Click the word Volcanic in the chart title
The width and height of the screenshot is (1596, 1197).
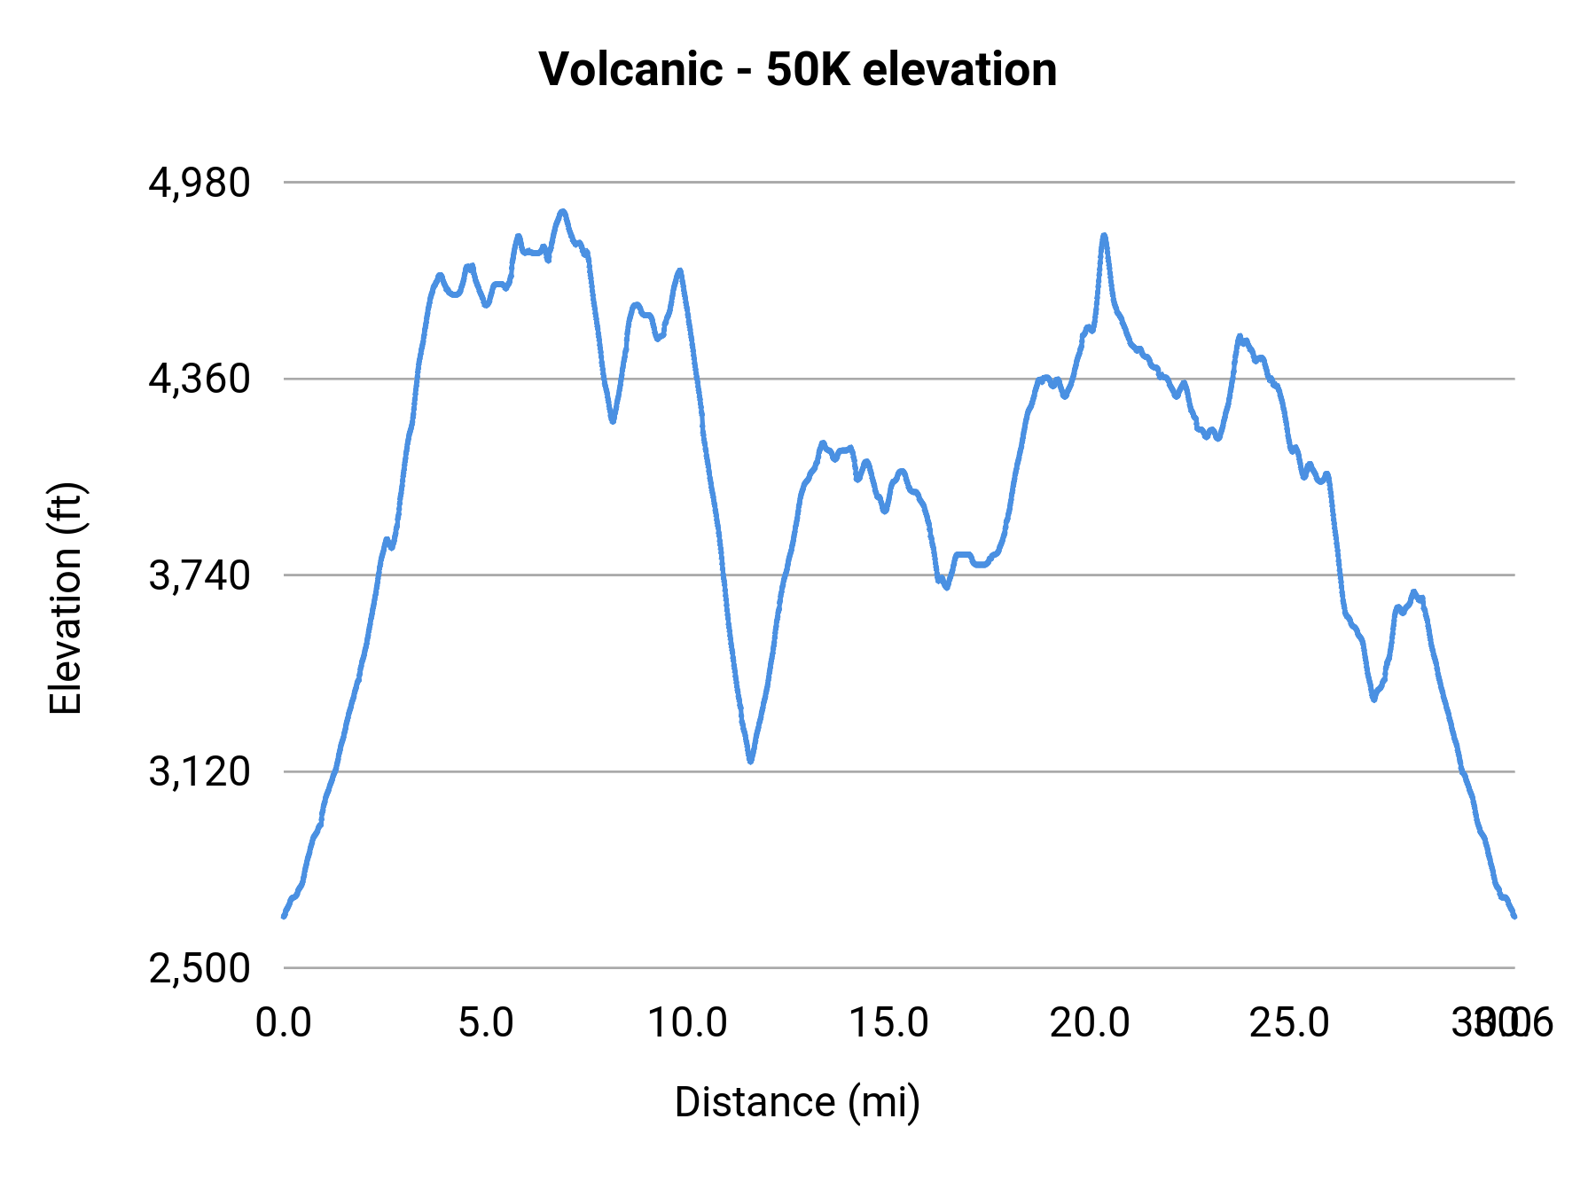coord(630,69)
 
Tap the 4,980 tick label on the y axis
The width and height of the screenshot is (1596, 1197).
coord(199,183)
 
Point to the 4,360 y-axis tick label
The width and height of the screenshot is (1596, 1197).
coord(199,379)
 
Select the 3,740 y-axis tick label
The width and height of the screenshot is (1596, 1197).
coord(199,576)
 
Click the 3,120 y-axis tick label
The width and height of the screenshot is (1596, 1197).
coord(199,772)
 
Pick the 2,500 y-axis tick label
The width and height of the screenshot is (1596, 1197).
coord(199,968)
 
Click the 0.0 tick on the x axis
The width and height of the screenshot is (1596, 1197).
coord(283,1022)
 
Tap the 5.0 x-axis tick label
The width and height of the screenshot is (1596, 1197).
coord(486,1022)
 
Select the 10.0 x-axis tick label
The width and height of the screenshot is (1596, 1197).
coord(687,1022)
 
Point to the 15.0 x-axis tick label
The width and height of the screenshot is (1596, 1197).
coord(888,1022)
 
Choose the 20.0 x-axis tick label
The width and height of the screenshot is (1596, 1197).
coord(1090,1022)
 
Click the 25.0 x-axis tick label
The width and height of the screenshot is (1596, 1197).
coord(1290,1022)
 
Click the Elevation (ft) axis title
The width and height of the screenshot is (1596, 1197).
coord(66,598)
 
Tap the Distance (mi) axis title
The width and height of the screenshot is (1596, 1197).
coord(797,1102)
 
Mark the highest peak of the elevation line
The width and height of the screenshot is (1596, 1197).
coord(562,212)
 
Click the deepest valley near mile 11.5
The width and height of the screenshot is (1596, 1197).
coord(751,761)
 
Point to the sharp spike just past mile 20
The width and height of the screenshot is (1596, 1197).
coord(1104,236)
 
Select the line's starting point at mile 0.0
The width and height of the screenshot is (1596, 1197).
coord(284,916)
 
